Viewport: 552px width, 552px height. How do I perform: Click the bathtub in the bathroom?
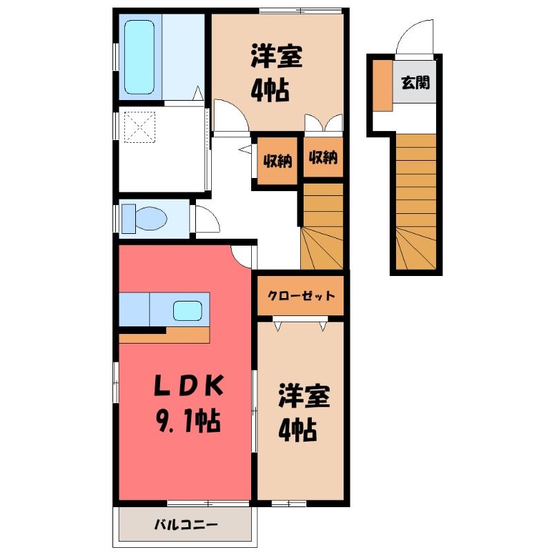point(139,57)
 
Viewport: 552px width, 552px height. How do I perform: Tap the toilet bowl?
point(151,219)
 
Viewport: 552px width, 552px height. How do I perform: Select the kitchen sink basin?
point(188,311)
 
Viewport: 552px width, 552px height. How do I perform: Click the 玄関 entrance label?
point(415,83)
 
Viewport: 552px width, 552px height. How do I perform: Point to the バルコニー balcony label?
point(186,525)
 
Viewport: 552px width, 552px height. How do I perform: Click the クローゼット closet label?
point(301,295)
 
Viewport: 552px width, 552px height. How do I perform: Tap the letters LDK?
point(188,386)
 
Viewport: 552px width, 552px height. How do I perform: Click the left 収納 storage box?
point(278,161)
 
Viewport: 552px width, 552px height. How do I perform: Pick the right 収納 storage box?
point(323,157)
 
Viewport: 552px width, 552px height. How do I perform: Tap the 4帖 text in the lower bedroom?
point(297,429)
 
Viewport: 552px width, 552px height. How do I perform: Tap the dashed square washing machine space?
point(140,127)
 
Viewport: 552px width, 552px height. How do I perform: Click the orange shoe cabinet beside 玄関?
point(383,86)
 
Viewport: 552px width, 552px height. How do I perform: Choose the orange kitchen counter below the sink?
point(164,335)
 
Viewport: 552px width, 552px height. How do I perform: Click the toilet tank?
point(128,219)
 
